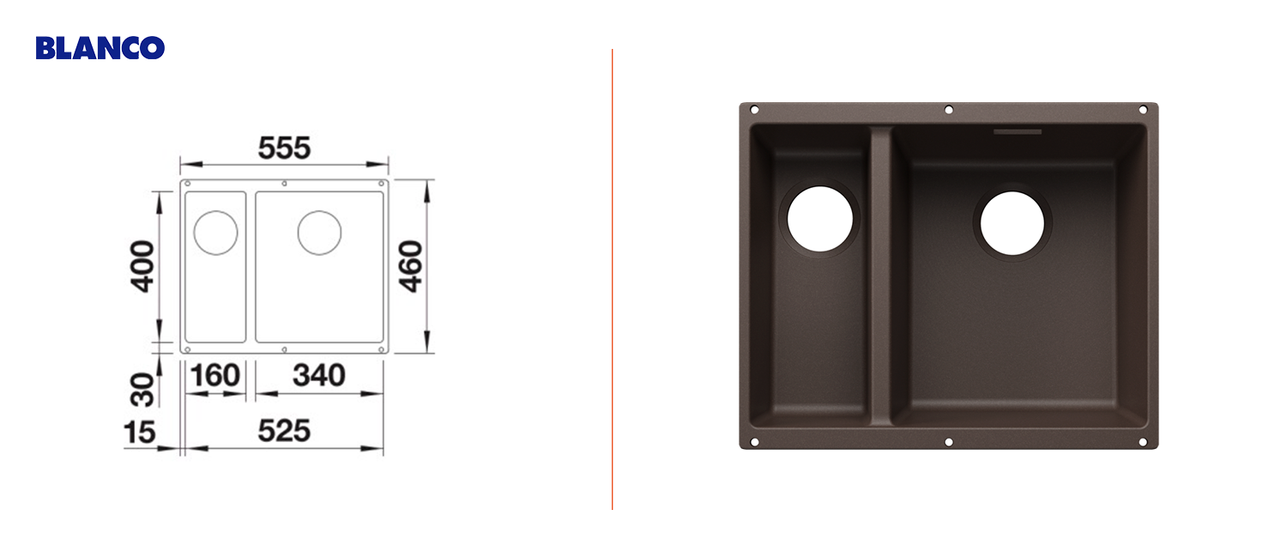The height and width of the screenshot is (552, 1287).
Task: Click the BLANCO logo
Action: coord(100,48)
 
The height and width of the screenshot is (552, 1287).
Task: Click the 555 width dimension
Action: coord(284,148)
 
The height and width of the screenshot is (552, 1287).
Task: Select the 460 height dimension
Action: coord(411,266)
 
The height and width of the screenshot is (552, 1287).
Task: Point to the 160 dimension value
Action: coord(214,375)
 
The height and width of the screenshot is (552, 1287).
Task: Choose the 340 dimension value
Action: coord(319,375)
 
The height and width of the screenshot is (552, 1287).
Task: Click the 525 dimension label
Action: coord(284,431)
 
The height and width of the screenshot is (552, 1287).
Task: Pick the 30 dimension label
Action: coord(142,390)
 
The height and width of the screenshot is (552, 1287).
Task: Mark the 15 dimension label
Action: coord(140,433)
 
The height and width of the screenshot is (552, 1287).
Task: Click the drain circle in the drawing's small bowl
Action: coord(215,233)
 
